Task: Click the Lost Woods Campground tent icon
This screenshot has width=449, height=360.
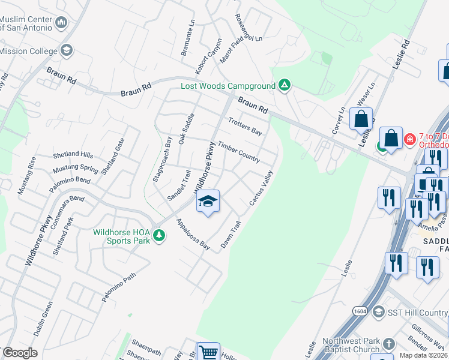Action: (285, 86)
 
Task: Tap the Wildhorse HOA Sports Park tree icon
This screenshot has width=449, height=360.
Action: (159, 235)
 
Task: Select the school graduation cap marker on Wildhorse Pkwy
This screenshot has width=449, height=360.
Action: (208, 202)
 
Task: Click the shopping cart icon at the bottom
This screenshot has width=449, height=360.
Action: (208, 352)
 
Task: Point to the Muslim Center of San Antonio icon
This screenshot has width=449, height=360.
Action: (61, 23)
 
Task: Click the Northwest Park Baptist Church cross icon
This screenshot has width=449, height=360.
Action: (388, 344)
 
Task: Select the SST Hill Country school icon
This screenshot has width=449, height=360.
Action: (378, 312)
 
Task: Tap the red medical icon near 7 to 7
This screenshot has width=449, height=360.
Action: (410, 139)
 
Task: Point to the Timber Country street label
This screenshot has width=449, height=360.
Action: (238, 152)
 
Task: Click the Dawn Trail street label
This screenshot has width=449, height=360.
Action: (231, 236)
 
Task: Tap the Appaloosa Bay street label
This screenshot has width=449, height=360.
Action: (192, 234)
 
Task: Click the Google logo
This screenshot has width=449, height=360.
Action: (20, 353)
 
